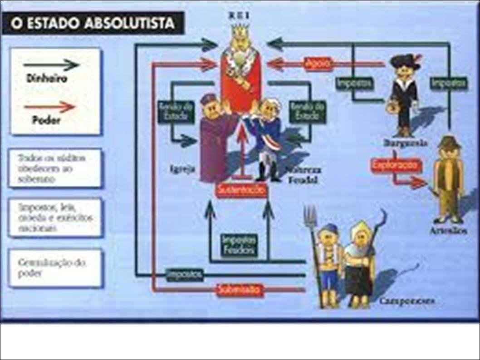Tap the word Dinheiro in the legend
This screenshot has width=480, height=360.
[46, 79]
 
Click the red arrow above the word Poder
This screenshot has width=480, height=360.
[50, 108]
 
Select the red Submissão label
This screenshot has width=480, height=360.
[239, 289]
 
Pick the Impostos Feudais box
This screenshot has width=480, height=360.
[239, 246]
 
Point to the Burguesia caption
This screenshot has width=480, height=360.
[406, 143]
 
